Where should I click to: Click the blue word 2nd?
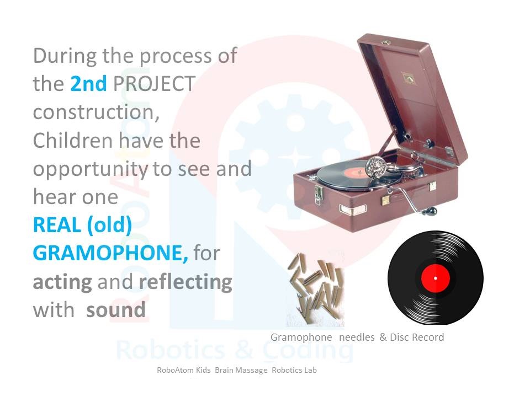88,83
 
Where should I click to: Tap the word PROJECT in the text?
154,84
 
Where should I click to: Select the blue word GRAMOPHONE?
110,253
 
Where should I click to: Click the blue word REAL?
57,225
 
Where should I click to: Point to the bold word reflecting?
185,282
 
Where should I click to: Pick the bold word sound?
115,310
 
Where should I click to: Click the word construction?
96,112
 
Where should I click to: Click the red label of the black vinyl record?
436,278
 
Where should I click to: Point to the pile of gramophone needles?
315,283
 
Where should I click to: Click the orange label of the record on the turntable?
356,173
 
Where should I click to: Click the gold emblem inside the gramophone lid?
409,78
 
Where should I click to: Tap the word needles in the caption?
357,337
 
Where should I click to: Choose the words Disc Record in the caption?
417,337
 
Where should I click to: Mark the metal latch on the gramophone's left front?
318,195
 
